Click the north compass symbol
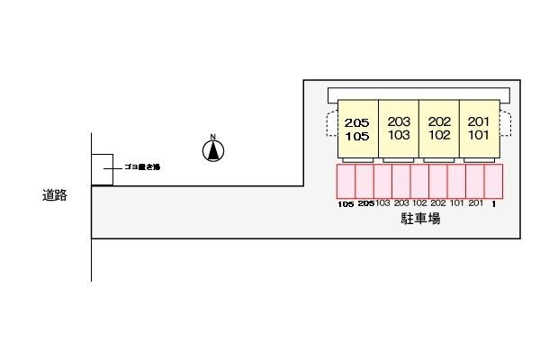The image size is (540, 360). [x=213, y=150]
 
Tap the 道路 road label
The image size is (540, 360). [x=54, y=194]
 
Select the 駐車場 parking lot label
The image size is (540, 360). [x=420, y=219]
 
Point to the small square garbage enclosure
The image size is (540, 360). [x=102, y=169]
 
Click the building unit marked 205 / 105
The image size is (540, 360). [x=357, y=130]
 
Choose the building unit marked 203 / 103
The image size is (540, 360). [x=399, y=129]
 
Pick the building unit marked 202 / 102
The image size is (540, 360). [x=439, y=129]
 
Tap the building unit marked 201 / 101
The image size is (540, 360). [x=479, y=129]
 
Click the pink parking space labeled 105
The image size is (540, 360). [x=346, y=181]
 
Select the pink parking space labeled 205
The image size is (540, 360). [x=364, y=181]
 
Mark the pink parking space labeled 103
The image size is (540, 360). [x=382, y=181]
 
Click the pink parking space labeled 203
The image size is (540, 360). [x=401, y=181]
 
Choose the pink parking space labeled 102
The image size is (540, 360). [x=419, y=181]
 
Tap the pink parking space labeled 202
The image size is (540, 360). [x=438, y=181]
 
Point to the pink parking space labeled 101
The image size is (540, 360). [x=456, y=181]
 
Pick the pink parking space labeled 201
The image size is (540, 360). [x=475, y=181]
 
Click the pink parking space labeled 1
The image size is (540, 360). [x=493, y=181]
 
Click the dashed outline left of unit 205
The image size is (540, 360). [x=330, y=123]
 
